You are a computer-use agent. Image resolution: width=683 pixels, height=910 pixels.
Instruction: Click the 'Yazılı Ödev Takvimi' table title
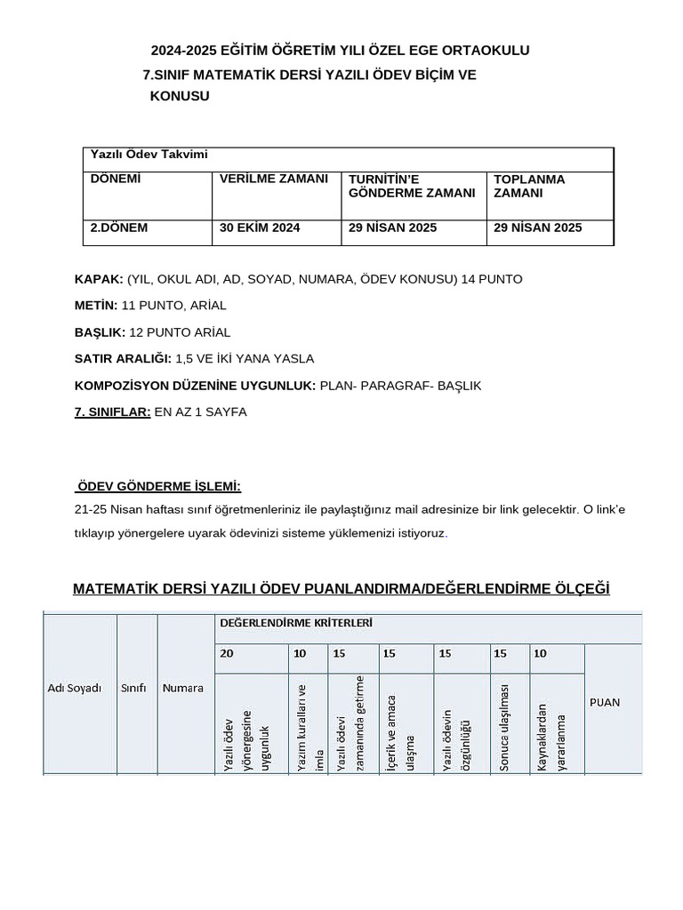149,155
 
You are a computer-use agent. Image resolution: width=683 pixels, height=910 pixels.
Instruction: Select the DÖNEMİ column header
116,179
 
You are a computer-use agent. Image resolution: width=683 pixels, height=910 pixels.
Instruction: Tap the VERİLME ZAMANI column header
274,179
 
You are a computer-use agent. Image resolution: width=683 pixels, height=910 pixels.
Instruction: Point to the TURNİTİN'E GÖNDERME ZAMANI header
412,186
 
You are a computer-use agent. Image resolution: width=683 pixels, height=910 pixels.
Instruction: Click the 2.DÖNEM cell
119,227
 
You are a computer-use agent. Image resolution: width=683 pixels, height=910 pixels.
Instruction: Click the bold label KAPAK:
99,279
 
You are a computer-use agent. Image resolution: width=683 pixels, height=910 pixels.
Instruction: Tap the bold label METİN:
96,306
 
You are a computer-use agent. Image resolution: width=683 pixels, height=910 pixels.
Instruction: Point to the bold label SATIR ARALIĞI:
123,359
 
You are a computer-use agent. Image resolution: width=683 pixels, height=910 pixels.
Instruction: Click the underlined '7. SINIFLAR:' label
112,412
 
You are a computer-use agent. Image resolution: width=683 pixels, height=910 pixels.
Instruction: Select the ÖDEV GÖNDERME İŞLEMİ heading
159,486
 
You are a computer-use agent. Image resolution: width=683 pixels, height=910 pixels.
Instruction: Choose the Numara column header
182,688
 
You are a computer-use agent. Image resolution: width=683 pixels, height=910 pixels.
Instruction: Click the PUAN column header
606,702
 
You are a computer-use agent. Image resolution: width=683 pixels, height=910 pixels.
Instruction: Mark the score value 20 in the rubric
227,653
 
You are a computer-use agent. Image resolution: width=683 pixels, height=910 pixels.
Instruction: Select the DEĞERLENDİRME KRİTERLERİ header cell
295,623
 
